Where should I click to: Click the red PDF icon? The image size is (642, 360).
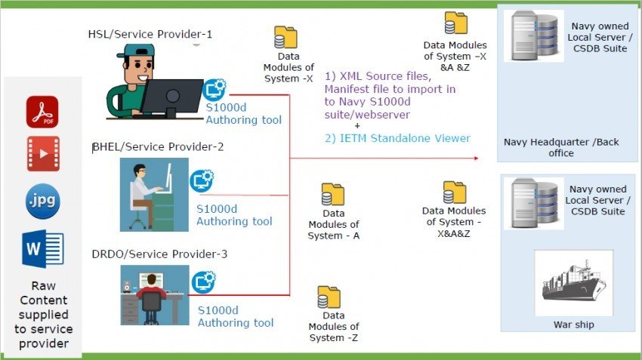pos(42,112)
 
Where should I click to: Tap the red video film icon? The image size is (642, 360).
pos(42,154)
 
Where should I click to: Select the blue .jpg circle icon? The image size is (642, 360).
pos(42,202)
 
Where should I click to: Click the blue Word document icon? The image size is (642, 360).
pos(43,248)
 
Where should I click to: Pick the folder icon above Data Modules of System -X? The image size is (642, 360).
pos(286,38)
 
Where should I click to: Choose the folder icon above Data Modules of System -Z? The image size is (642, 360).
pos(329,297)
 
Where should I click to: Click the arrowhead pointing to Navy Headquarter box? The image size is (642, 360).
pos(476,158)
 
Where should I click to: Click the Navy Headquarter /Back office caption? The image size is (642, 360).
pos(539,147)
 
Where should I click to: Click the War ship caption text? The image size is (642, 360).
pos(573,325)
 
